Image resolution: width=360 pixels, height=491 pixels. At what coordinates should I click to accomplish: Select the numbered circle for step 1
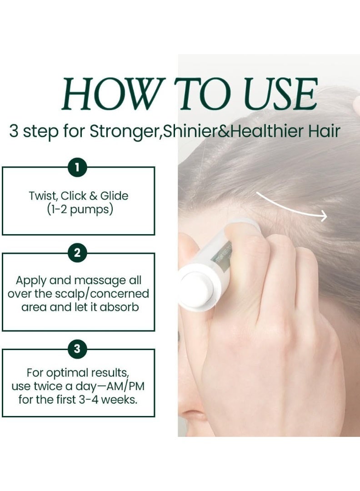(x=77, y=168)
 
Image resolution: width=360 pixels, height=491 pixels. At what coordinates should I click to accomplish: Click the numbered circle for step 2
(x=77, y=253)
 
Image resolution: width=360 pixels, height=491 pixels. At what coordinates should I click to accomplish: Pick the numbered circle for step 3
(x=77, y=349)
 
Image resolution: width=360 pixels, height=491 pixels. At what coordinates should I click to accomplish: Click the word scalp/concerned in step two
(x=103, y=293)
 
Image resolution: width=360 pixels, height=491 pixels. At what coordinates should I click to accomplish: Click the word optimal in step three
(x=68, y=373)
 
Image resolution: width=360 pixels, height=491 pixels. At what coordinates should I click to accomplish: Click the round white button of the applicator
(x=195, y=291)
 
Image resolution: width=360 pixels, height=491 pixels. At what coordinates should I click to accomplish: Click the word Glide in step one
(x=114, y=196)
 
